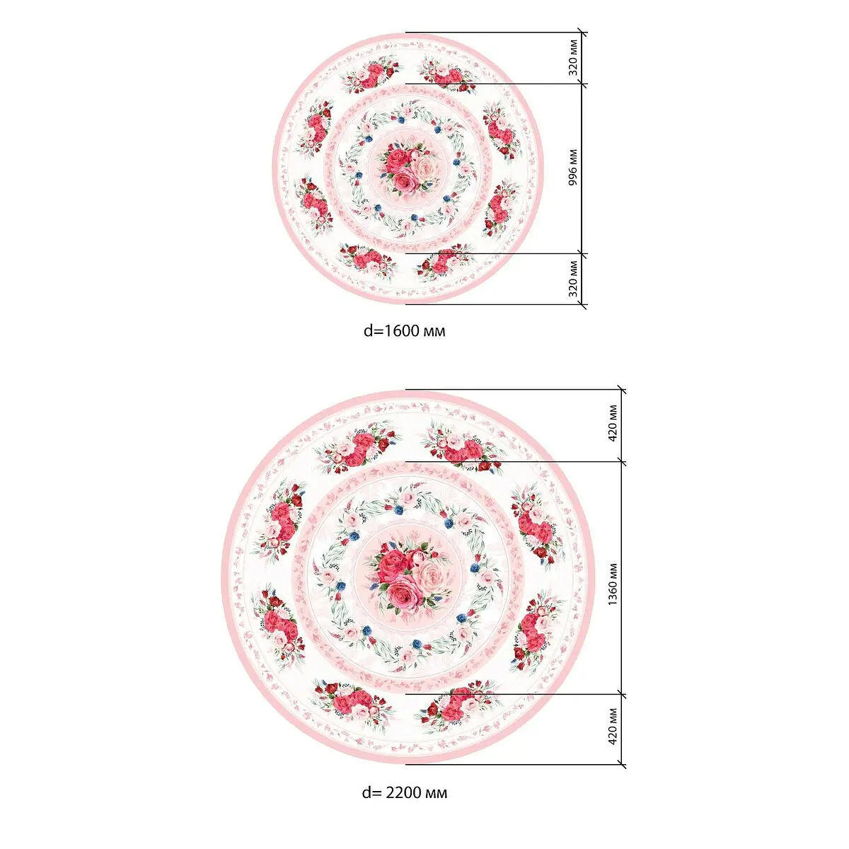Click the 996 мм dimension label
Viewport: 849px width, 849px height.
(x=572, y=168)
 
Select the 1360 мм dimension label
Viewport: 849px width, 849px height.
(x=613, y=584)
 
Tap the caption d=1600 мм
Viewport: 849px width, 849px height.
(x=404, y=331)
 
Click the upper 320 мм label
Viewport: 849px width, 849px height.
(x=572, y=58)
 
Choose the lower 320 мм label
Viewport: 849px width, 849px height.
(x=572, y=279)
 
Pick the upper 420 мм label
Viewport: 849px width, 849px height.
(x=613, y=423)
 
